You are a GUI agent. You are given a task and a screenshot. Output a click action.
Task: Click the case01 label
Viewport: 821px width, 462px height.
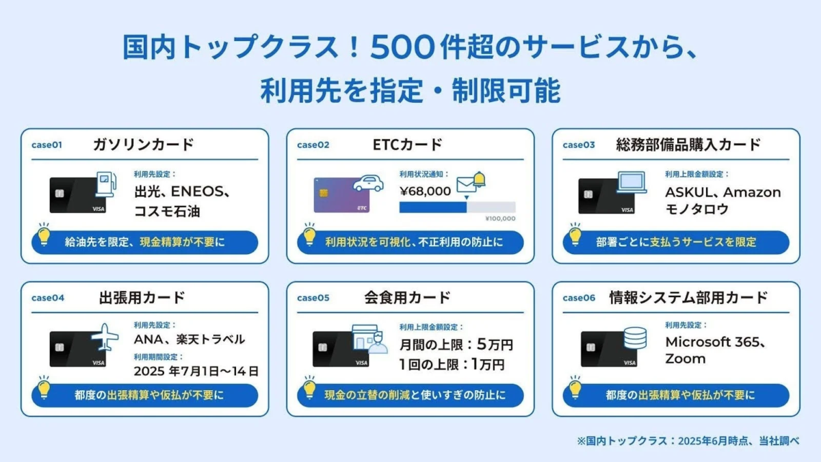pos(47,145)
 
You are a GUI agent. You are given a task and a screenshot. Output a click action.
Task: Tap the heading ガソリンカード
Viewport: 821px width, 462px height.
pos(144,145)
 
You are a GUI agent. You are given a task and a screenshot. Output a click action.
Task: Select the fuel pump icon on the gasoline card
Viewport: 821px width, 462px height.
pos(105,182)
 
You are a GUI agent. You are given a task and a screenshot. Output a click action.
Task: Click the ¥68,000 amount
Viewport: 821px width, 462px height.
pos(425,191)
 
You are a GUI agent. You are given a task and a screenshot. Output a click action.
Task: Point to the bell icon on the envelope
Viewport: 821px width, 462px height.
pos(479,179)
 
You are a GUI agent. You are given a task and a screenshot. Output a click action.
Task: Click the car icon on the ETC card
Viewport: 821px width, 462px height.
pos(368,183)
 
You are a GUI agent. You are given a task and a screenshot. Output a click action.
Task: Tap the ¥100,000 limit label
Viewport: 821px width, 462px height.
pos(500,218)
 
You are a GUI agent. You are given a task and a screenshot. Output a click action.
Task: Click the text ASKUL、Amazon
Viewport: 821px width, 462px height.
pos(722,192)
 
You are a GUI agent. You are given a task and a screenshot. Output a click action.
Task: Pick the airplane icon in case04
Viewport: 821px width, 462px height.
pos(105,337)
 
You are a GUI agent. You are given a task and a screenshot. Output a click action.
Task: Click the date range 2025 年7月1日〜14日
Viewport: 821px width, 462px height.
pos(196,372)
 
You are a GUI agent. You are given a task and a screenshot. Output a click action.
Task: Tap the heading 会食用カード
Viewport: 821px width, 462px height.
pos(408,298)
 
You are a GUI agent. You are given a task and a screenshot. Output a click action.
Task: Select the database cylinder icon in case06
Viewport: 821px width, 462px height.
pos(634,337)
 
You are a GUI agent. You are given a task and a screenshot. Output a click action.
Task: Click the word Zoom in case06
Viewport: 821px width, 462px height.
pos(685,359)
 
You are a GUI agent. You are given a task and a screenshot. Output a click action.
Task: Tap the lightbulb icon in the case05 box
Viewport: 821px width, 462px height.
pos(309,388)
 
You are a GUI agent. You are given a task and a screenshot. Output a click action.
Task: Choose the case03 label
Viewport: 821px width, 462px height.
pos(579,145)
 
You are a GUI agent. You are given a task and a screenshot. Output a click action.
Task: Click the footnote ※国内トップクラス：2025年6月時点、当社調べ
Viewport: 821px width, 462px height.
pos(688,441)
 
